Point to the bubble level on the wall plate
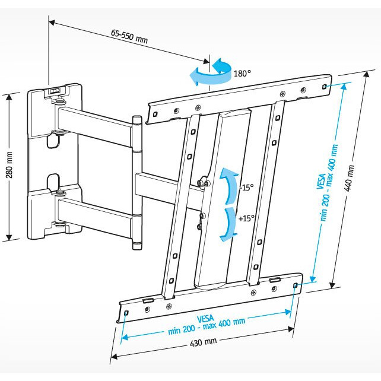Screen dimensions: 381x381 point(54,91)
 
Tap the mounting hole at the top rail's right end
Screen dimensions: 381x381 point(324,86)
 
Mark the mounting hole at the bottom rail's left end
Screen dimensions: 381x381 point(126,315)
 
